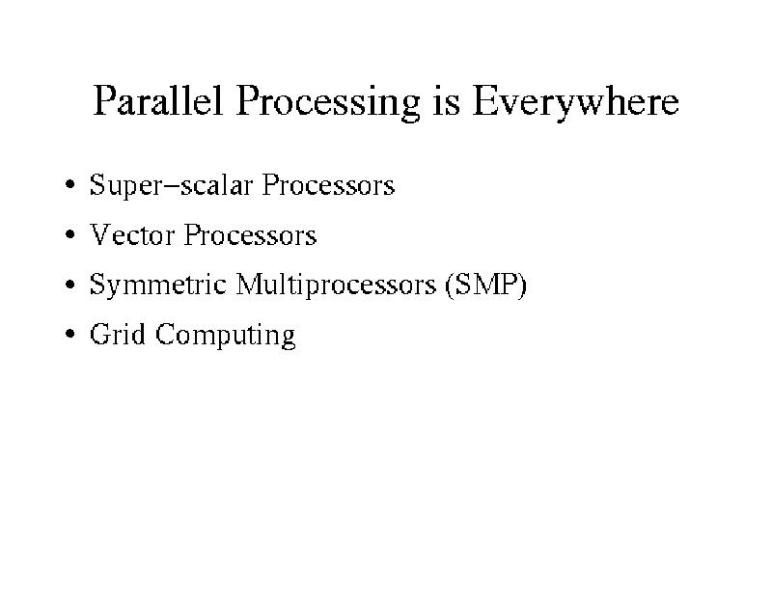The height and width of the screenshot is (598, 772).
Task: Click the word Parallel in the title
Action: coord(157,100)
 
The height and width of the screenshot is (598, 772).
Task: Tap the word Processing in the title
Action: coord(328,103)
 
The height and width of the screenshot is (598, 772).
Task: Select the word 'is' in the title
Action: coord(447,101)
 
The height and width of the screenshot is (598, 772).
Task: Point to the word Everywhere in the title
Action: coord(575,103)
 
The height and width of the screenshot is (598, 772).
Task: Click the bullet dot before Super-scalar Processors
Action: coord(69,184)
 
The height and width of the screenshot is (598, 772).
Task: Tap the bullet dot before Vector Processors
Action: coord(69,234)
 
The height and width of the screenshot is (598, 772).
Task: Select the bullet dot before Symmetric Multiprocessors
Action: coord(69,284)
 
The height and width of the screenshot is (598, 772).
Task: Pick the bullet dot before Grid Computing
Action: coord(69,334)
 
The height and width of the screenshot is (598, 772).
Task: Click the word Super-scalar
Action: coord(171,186)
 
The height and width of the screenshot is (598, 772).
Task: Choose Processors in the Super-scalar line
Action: coord(328,184)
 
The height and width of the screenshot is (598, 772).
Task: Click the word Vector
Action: coord(132,234)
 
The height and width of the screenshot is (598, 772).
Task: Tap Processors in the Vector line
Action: coord(250,234)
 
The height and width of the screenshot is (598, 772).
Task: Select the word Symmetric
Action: coord(157,285)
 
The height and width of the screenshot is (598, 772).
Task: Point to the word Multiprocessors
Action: coord(336,285)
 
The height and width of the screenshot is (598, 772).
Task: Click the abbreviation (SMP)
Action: coord(485,285)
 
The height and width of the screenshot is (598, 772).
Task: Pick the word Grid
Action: coord(117,334)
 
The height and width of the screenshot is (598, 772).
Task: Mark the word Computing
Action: coord(226,336)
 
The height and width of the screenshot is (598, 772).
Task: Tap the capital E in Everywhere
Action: coord(484,100)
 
